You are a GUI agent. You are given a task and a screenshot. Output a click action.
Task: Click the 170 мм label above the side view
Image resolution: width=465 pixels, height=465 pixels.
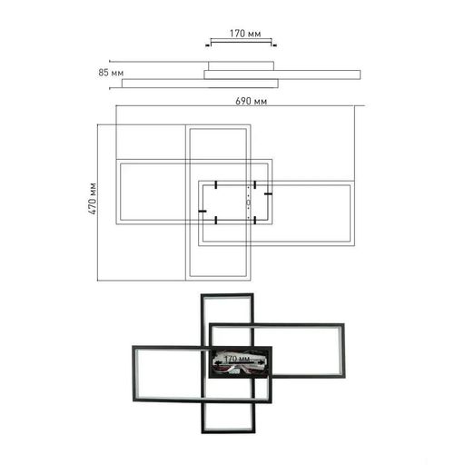pos(245,34)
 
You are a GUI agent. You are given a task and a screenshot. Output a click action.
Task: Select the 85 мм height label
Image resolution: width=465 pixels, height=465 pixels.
pos(111,73)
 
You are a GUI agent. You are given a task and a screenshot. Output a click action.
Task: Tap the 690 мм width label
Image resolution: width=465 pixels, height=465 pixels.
pos(252,101)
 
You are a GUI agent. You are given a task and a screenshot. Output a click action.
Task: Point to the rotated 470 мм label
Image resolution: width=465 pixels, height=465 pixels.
pos(93,199)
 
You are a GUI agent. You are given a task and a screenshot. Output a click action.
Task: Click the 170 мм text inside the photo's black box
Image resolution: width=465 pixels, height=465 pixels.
pos(237,359)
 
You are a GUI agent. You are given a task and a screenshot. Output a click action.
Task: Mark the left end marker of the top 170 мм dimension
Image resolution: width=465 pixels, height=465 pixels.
pos(208,45)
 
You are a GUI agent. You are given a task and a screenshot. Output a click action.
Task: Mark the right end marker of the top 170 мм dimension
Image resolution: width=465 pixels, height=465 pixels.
pos(274,45)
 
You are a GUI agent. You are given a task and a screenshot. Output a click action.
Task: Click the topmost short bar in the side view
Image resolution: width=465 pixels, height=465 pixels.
pos(241,65)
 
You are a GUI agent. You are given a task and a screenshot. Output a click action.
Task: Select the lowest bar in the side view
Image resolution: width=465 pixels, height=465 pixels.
pos(200,84)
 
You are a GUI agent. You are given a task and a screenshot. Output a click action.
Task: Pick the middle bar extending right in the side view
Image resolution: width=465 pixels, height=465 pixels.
pos(282,74)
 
